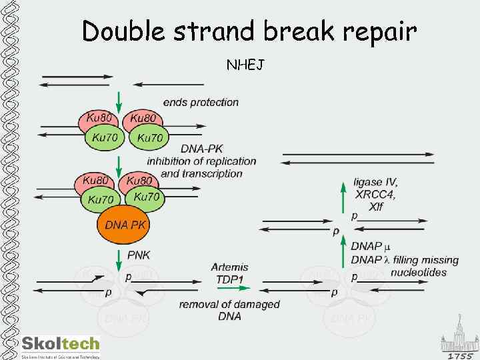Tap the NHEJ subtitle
(x=246, y=65)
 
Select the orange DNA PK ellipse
(x=125, y=225)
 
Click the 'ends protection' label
(x=201, y=102)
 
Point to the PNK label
(x=139, y=255)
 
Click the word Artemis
(x=230, y=267)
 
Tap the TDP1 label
(x=230, y=279)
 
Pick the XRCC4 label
(x=375, y=195)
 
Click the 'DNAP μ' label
(x=371, y=247)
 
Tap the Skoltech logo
(x=61, y=345)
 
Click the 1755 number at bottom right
(x=459, y=355)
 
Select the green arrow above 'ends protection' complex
(x=119, y=99)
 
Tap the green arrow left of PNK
(x=119, y=257)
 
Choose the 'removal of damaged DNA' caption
(x=229, y=310)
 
